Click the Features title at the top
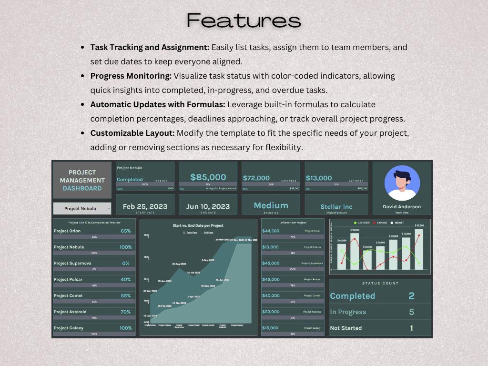pyautogui.click(x=244, y=20)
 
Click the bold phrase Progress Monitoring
pyautogui.click(x=131, y=76)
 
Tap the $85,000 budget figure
pyautogui.click(x=208, y=177)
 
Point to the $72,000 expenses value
pyautogui.click(x=256, y=178)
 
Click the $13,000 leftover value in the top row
pyautogui.click(x=319, y=178)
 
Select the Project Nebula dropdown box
pyautogui.click(x=82, y=208)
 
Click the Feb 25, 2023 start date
pyautogui.click(x=145, y=206)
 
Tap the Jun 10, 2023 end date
pyautogui.click(x=208, y=206)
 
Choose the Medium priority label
pyautogui.click(x=271, y=205)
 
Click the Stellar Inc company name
pyautogui.click(x=336, y=207)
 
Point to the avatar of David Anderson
pyautogui.click(x=402, y=183)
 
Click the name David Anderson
pyautogui.click(x=402, y=207)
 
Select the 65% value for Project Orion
pyautogui.click(x=126, y=231)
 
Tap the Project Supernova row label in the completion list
pyautogui.click(x=72, y=263)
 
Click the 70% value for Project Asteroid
pyautogui.click(x=126, y=312)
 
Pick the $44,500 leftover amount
pyautogui.click(x=271, y=231)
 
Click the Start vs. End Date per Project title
pyautogui.click(x=198, y=225)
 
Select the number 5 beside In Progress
pyautogui.click(x=412, y=312)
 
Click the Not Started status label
pyautogui.click(x=346, y=328)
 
